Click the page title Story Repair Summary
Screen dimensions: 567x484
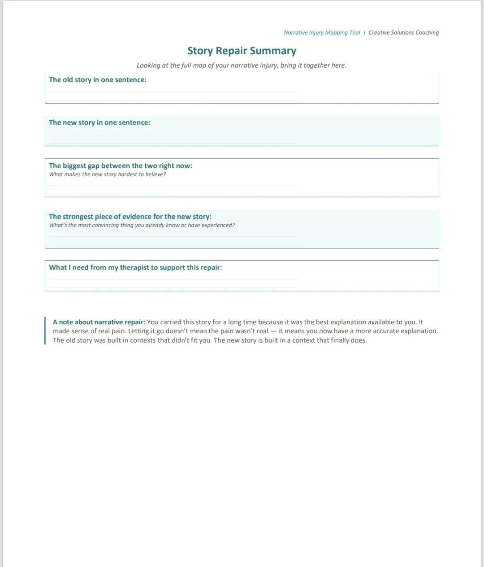pyautogui.click(x=242, y=51)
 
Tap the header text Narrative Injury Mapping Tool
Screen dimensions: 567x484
pyautogui.click(x=322, y=33)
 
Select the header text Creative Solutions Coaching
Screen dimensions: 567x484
pyautogui.click(x=403, y=33)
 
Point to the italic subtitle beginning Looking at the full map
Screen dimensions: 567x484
pyautogui.click(x=242, y=65)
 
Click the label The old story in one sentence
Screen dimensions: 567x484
pyautogui.click(x=98, y=80)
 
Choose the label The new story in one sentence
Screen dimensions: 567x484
pyautogui.click(x=99, y=122)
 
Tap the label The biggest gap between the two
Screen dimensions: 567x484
pyautogui.click(x=121, y=166)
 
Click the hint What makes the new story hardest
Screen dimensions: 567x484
pyautogui.click(x=108, y=174)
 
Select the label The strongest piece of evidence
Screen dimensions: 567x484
pyautogui.click(x=130, y=217)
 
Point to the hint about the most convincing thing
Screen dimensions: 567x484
pyautogui.click(x=142, y=225)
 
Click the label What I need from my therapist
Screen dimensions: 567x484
pyautogui.click(x=135, y=267)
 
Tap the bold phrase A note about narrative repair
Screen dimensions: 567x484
pyautogui.click(x=99, y=322)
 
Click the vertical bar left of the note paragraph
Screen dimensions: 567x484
pyautogui.click(x=45, y=331)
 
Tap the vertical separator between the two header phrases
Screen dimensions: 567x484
pyautogui.click(x=364, y=33)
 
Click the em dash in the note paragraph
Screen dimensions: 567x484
pyautogui.click(x=273, y=331)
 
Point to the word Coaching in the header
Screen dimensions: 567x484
pyautogui.click(x=427, y=33)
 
